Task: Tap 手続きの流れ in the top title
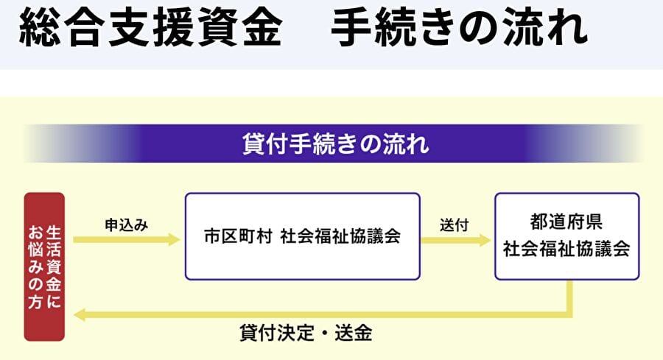click(x=460, y=29)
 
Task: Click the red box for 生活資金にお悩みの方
click(x=44, y=267)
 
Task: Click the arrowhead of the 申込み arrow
click(x=175, y=239)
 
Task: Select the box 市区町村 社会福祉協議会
click(x=302, y=236)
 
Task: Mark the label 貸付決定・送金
click(x=306, y=333)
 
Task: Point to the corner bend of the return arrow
click(x=569, y=314)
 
